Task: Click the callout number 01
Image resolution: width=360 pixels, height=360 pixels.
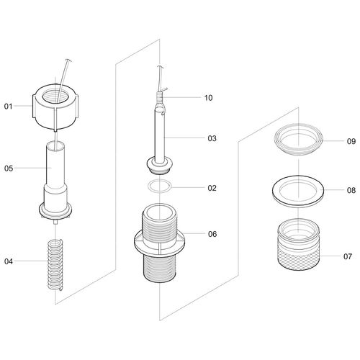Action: (x=8, y=106)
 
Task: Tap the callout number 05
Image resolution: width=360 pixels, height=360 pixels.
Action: (x=9, y=168)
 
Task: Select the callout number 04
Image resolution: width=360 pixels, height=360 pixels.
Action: (x=9, y=261)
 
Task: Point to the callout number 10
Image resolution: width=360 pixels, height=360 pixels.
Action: (x=208, y=98)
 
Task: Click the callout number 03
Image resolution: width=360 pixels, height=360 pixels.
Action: (x=212, y=138)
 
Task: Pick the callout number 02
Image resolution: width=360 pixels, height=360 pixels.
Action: (x=212, y=188)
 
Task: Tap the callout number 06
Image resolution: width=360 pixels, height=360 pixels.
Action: (x=212, y=234)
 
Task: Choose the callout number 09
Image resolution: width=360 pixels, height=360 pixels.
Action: (x=351, y=141)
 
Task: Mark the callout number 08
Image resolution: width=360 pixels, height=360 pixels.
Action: (x=351, y=190)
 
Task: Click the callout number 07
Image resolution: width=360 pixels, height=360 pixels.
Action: (x=348, y=256)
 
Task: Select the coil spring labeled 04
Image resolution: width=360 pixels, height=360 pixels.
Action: (x=55, y=265)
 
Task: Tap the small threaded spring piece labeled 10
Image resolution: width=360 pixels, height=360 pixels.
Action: (x=161, y=98)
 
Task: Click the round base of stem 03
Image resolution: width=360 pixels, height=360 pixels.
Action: (x=159, y=166)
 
